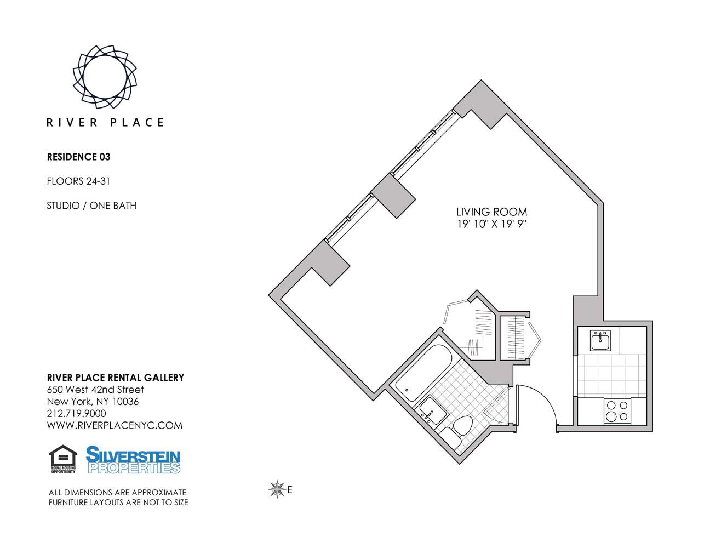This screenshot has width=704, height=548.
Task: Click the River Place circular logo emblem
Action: click(105, 77)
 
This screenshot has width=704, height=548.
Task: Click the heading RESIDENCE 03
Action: click(79, 157)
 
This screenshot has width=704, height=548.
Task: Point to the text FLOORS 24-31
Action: click(78, 181)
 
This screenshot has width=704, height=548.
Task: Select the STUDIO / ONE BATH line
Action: click(91, 206)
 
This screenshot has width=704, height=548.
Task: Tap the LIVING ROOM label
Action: click(492, 212)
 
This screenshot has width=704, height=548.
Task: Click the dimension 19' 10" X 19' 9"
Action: click(492, 224)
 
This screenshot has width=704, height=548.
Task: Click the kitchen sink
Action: click(600, 341)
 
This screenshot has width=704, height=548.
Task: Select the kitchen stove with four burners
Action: click(617, 411)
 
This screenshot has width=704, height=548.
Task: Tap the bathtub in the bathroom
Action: click(423, 373)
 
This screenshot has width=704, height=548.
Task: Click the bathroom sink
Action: click(433, 410)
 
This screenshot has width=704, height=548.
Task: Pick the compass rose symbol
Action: click(277, 489)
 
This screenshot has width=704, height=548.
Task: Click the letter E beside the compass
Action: click(290, 490)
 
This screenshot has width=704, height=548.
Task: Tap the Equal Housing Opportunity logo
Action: click(63, 459)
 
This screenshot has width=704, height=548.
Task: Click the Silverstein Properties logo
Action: click(133, 460)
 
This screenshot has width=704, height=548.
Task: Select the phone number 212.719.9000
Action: click(77, 414)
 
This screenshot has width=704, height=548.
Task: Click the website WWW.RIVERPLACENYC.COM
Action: click(115, 425)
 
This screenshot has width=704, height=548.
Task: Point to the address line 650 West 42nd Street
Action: click(95, 390)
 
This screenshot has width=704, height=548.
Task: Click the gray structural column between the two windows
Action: click(393, 196)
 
